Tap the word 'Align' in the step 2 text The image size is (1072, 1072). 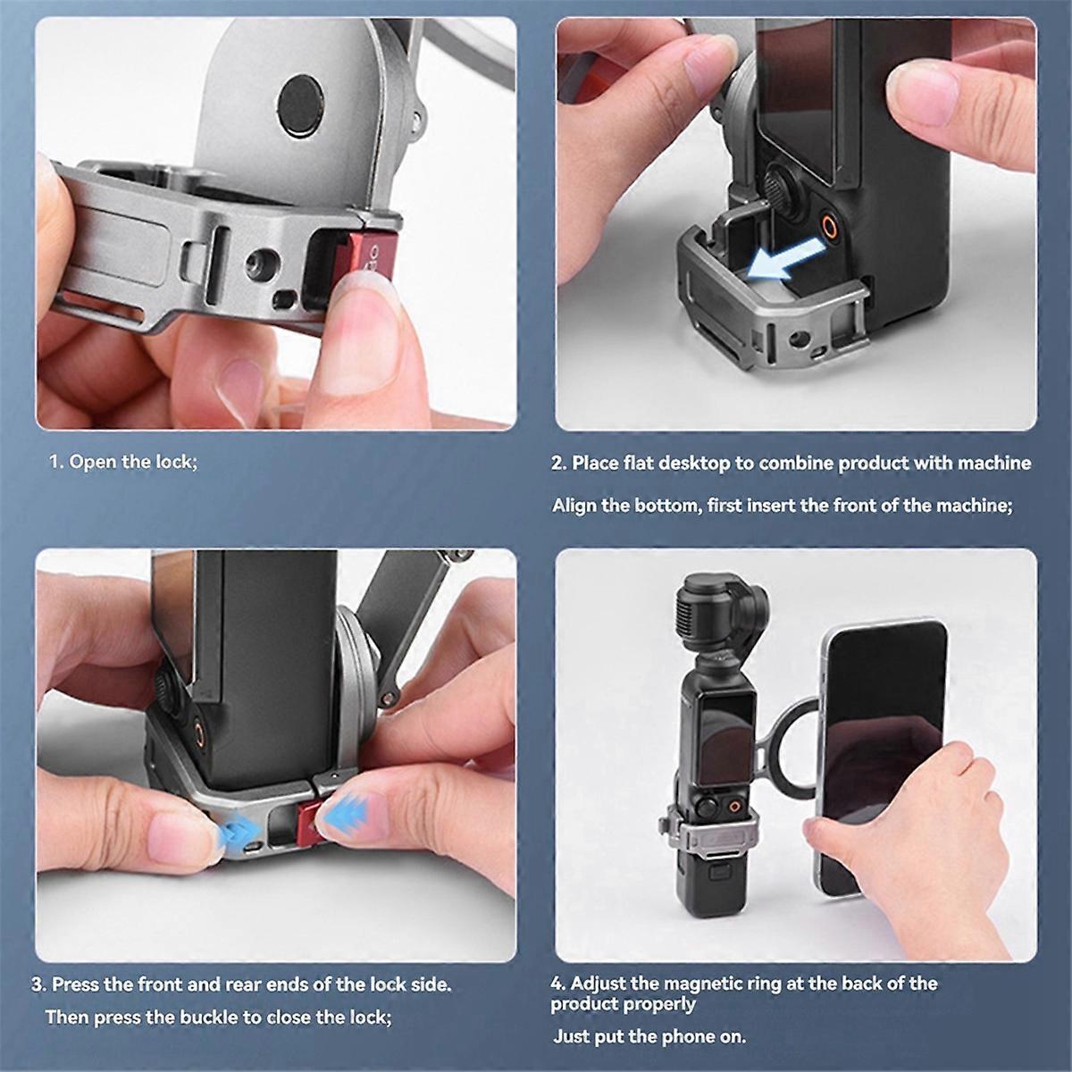(x=574, y=506)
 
